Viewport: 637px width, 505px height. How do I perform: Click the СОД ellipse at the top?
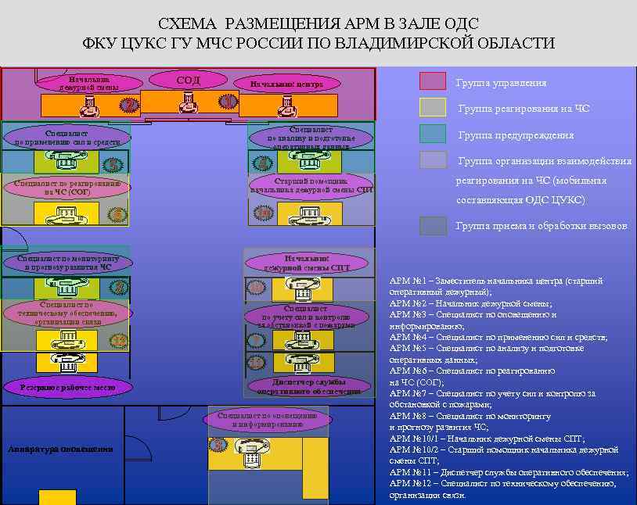188,81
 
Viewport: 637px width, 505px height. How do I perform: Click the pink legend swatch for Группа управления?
432,81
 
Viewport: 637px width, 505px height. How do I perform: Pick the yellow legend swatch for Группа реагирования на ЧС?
432,107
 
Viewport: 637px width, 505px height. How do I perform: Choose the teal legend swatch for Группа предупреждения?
432,134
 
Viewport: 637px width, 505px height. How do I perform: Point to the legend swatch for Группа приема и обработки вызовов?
432,226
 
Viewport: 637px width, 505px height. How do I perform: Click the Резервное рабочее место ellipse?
69,386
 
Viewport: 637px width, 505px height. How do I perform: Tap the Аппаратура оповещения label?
60,449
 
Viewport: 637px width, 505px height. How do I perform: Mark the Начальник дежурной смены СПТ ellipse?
306,263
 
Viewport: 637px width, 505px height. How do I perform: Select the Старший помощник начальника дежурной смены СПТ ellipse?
311,185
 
